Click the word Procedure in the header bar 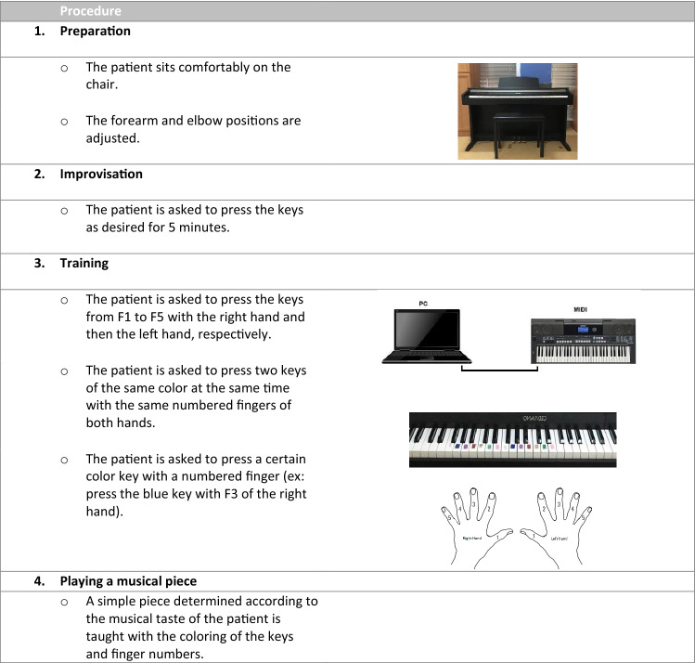click(x=92, y=11)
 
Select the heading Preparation click(x=96, y=31)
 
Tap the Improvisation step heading click(x=101, y=174)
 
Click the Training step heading click(x=84, y=263)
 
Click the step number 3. click(x=39, y=263)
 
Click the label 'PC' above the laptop click(x=423, y=305)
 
